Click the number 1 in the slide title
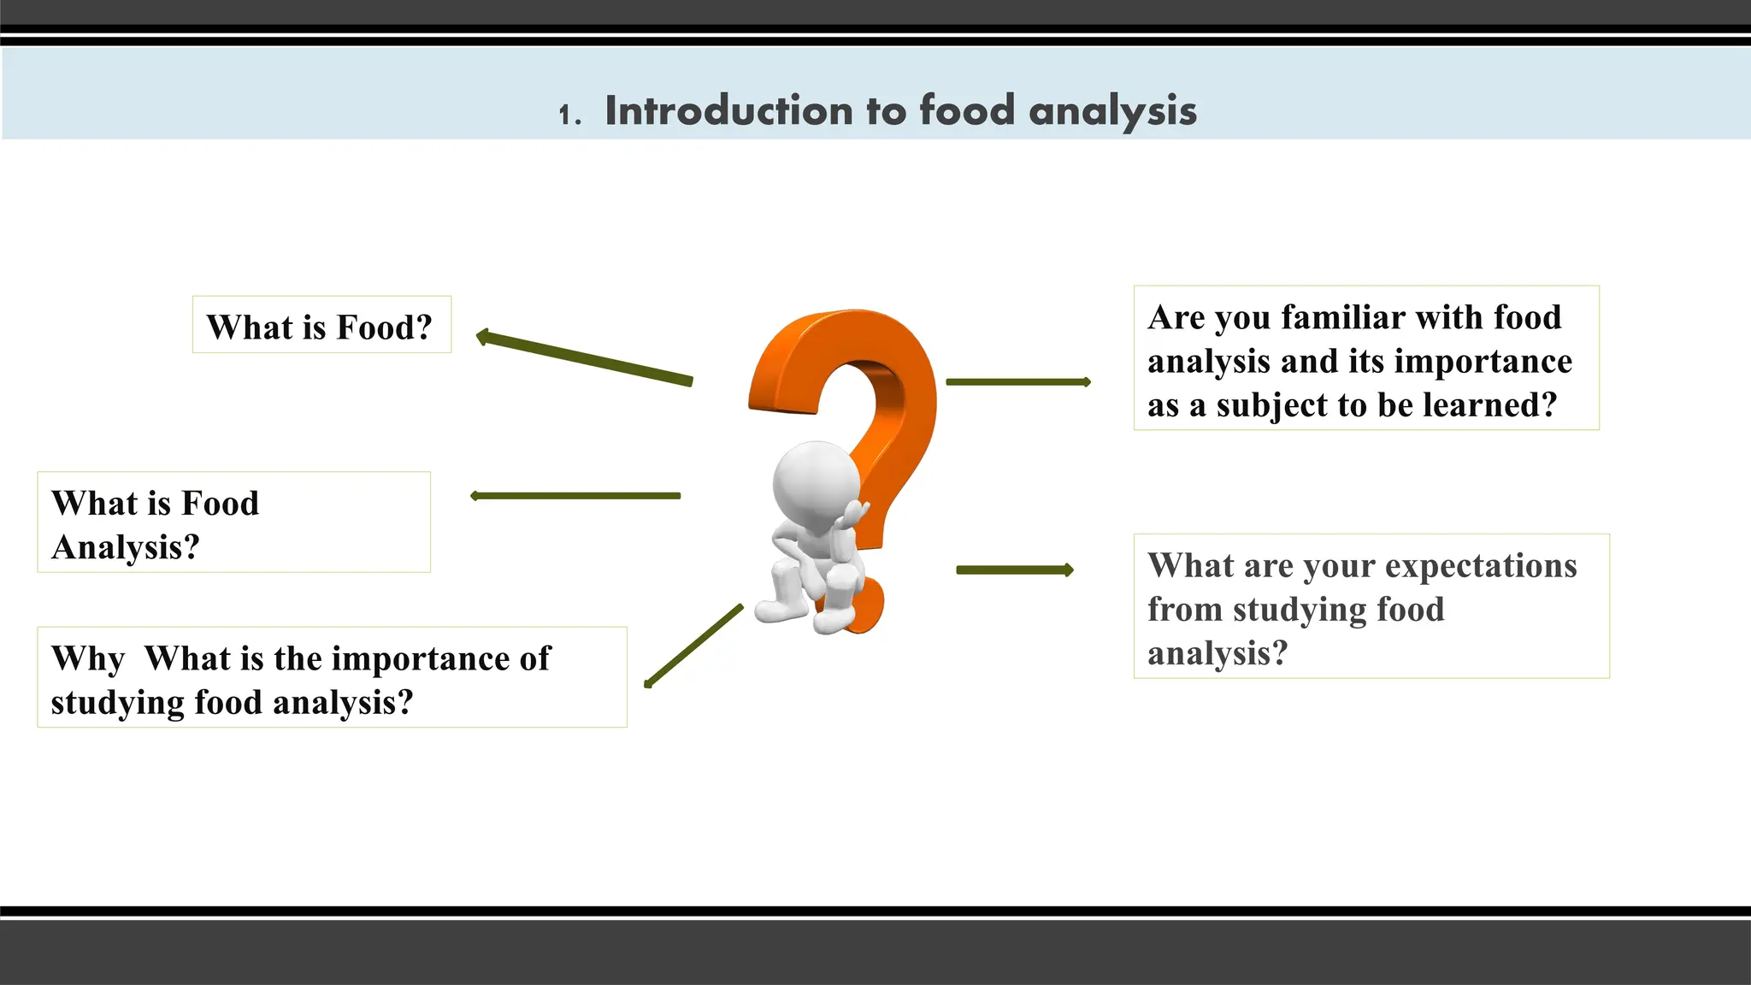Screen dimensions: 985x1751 (x=565, y=115)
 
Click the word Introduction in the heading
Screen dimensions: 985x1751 (x=728, y=111)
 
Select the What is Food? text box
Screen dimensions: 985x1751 (x=321, y=326)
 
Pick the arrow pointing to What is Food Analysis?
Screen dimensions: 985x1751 (x=575, y=496)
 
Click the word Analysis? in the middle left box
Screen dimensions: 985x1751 (x=125, y=547)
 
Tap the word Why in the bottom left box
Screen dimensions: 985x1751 (x=88, y=659)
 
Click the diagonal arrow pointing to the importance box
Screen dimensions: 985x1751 (x=693, y=646)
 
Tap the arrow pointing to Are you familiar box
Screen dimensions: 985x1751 (x=1017, y=382)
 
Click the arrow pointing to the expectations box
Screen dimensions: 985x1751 (x=1014, y=570)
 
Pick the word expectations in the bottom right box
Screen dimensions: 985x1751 (x=1481, y=566)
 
